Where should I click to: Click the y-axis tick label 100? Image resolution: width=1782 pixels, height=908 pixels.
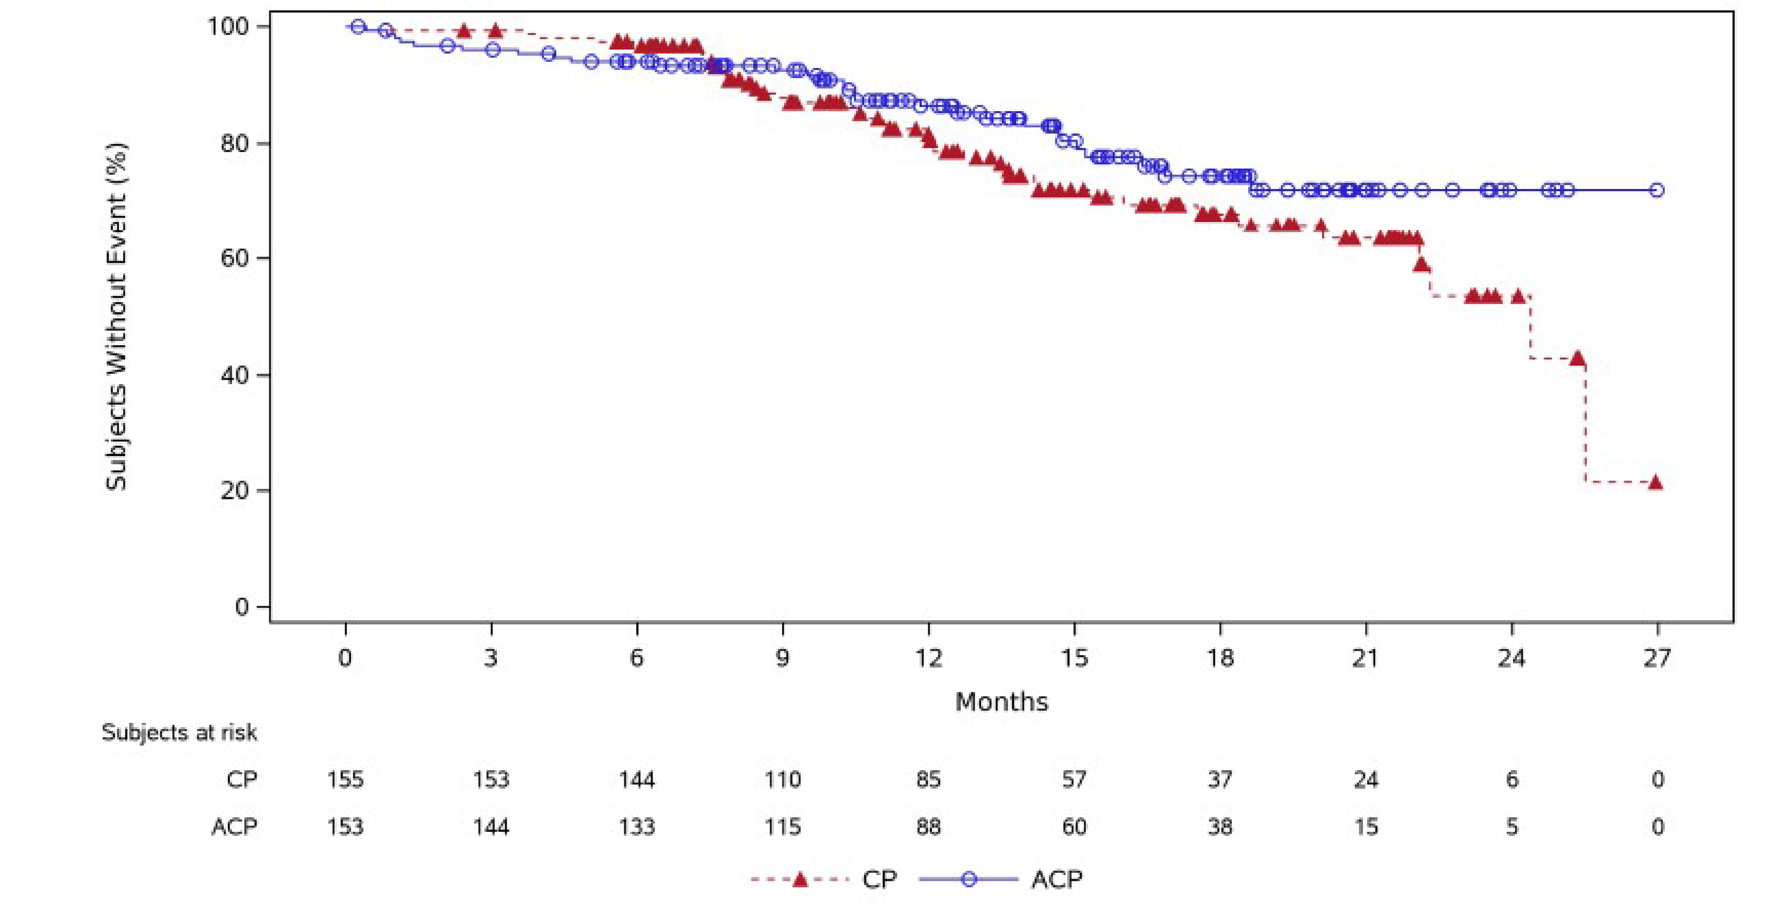coord(228,26)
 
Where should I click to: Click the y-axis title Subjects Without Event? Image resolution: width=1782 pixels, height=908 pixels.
coord(116,316)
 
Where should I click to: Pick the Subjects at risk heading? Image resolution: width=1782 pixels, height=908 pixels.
coord(179,732)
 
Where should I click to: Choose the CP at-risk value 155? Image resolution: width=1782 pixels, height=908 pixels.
coord(345,780)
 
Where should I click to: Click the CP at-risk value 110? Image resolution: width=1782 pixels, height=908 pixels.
coord(782,780)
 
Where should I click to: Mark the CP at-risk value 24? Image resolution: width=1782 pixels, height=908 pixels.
coord(1365,780)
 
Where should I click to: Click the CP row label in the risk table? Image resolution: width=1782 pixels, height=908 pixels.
coord(241,780)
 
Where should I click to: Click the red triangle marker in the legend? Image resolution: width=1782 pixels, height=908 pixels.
coord(800,880)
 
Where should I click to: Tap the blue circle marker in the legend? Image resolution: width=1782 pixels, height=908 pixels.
coord(969,880)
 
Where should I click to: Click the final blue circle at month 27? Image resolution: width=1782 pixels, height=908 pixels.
coord(1657,190)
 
